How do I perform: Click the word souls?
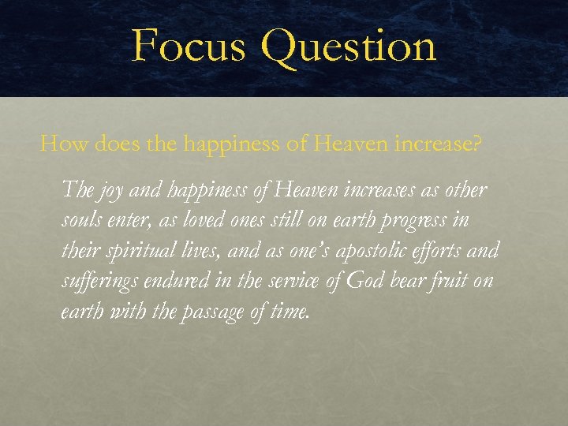pyautogui.click(x=82, y=220)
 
